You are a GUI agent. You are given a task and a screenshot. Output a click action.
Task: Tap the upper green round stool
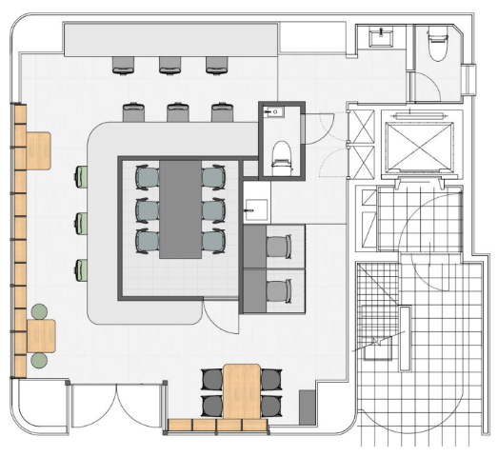tap(39, 311)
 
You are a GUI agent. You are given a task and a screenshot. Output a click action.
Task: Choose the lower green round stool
tap(39, 360)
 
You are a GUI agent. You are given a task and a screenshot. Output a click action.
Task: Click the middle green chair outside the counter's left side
tap(84, 222)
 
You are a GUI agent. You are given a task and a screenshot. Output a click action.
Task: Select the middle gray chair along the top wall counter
tap(170, 64)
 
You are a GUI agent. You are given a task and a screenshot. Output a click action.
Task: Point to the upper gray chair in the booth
tap(277, 247)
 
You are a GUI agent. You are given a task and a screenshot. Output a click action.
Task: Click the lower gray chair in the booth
tap(278, 289)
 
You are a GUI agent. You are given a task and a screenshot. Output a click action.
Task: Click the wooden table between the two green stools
tap(42, 335)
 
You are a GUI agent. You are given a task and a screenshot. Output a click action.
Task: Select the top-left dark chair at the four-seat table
tap(211, 377)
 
